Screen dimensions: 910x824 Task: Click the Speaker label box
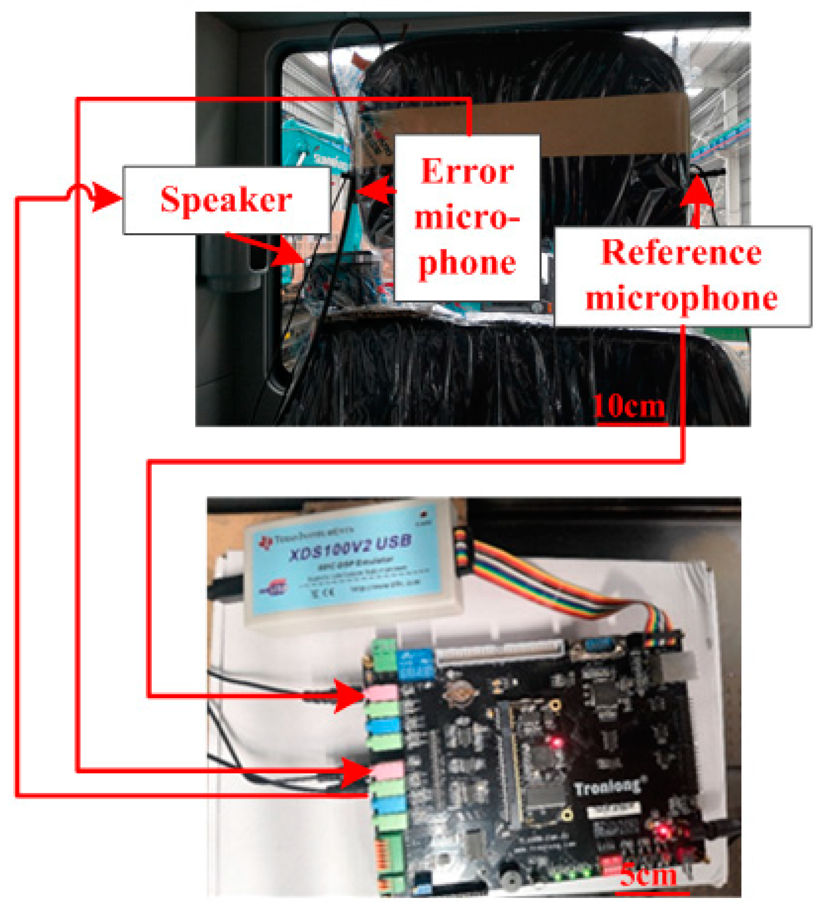[226, 200]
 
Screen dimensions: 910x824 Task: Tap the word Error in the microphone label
[467, 172]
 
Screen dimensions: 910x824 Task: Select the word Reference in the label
[681, 253]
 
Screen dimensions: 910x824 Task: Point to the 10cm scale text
[629, 406]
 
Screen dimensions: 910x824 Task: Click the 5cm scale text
[648, 874]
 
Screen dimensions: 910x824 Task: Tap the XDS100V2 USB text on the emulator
[351, 547]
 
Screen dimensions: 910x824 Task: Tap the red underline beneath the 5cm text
[652, 892]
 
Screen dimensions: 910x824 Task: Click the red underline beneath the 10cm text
[632, 424]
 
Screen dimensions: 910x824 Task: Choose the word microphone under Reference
[681, 298]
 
